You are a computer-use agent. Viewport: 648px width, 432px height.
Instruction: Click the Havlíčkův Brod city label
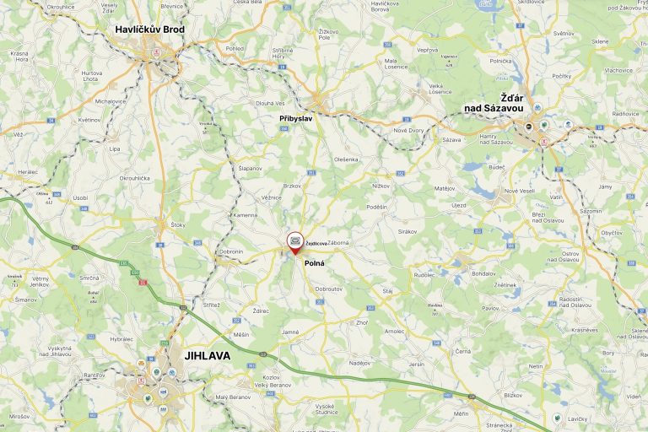tap(150, 30)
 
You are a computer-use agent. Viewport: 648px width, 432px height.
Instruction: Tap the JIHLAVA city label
tap(207, 356)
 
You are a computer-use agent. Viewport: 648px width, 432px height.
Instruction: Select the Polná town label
tap(315, 263)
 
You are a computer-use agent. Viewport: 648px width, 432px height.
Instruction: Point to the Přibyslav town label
tap(297, 118)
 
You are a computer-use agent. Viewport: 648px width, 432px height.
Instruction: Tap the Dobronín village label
tap(230, 251)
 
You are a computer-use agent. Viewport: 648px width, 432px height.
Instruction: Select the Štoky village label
tap(178, 225)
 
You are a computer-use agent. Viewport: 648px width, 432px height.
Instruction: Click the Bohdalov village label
tap(484, 273)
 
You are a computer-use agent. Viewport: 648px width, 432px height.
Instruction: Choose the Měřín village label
tap(460, 414)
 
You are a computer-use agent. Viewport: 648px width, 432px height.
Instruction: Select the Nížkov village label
tap(381, 185)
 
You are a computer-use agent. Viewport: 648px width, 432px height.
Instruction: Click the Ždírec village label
tap(261, 310)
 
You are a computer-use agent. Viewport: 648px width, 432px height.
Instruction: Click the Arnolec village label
tap(395, 332)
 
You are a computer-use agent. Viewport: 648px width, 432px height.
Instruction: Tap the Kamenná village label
tap(246, 215)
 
